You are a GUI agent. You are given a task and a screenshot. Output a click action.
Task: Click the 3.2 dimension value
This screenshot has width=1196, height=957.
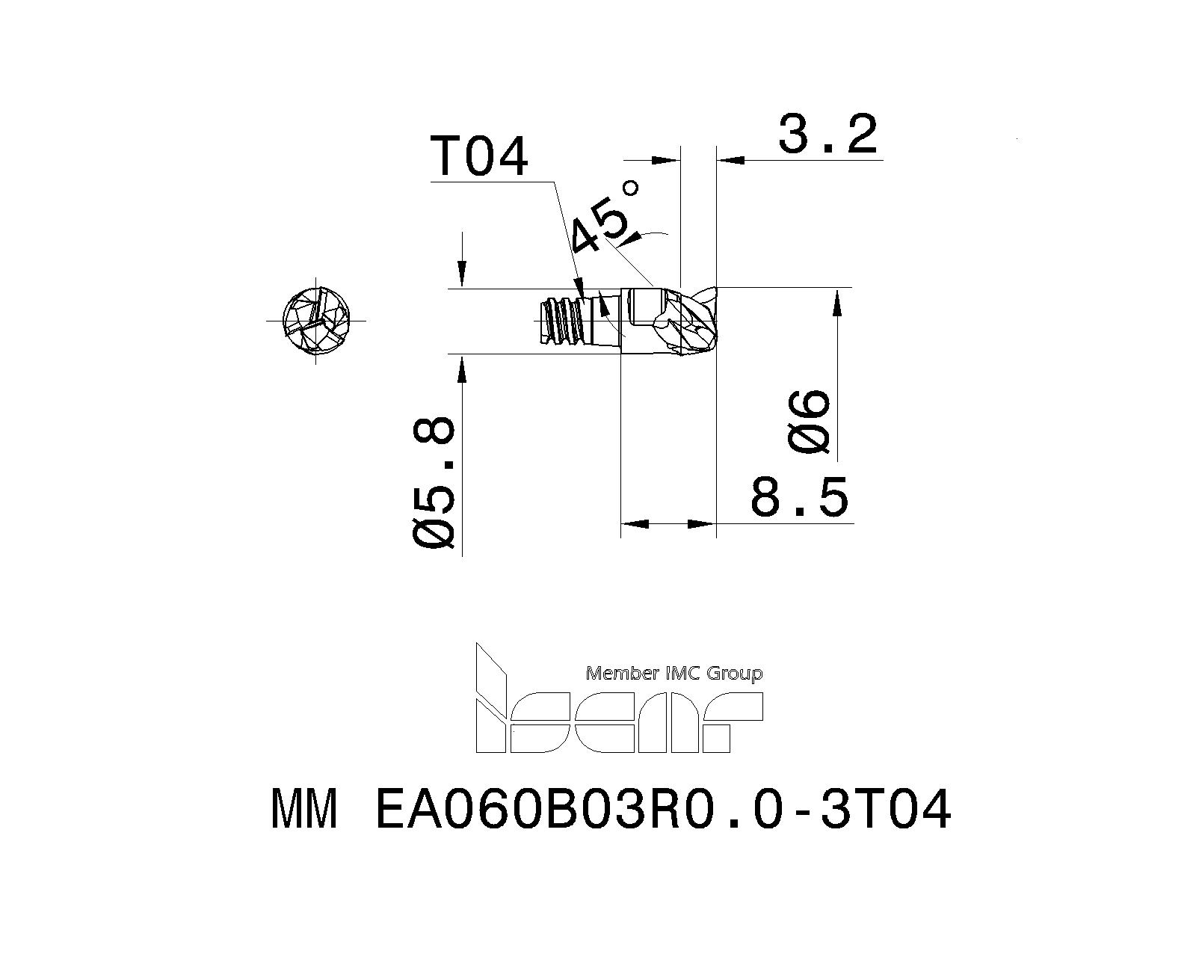pos(827,135)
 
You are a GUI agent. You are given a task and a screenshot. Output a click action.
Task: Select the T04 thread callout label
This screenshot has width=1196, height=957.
pos(479,157)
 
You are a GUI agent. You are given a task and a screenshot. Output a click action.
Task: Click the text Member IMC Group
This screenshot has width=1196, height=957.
pos(674,674)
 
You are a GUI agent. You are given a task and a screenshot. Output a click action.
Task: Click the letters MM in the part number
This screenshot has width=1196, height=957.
pos(304,810)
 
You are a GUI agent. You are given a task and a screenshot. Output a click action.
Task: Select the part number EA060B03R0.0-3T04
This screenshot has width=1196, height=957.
pos(662,810)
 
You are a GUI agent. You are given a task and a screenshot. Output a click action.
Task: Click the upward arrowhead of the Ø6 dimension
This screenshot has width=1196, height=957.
pos(838,300)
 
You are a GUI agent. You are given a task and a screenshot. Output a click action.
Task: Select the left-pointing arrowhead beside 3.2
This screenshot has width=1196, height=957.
pos(730,159)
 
